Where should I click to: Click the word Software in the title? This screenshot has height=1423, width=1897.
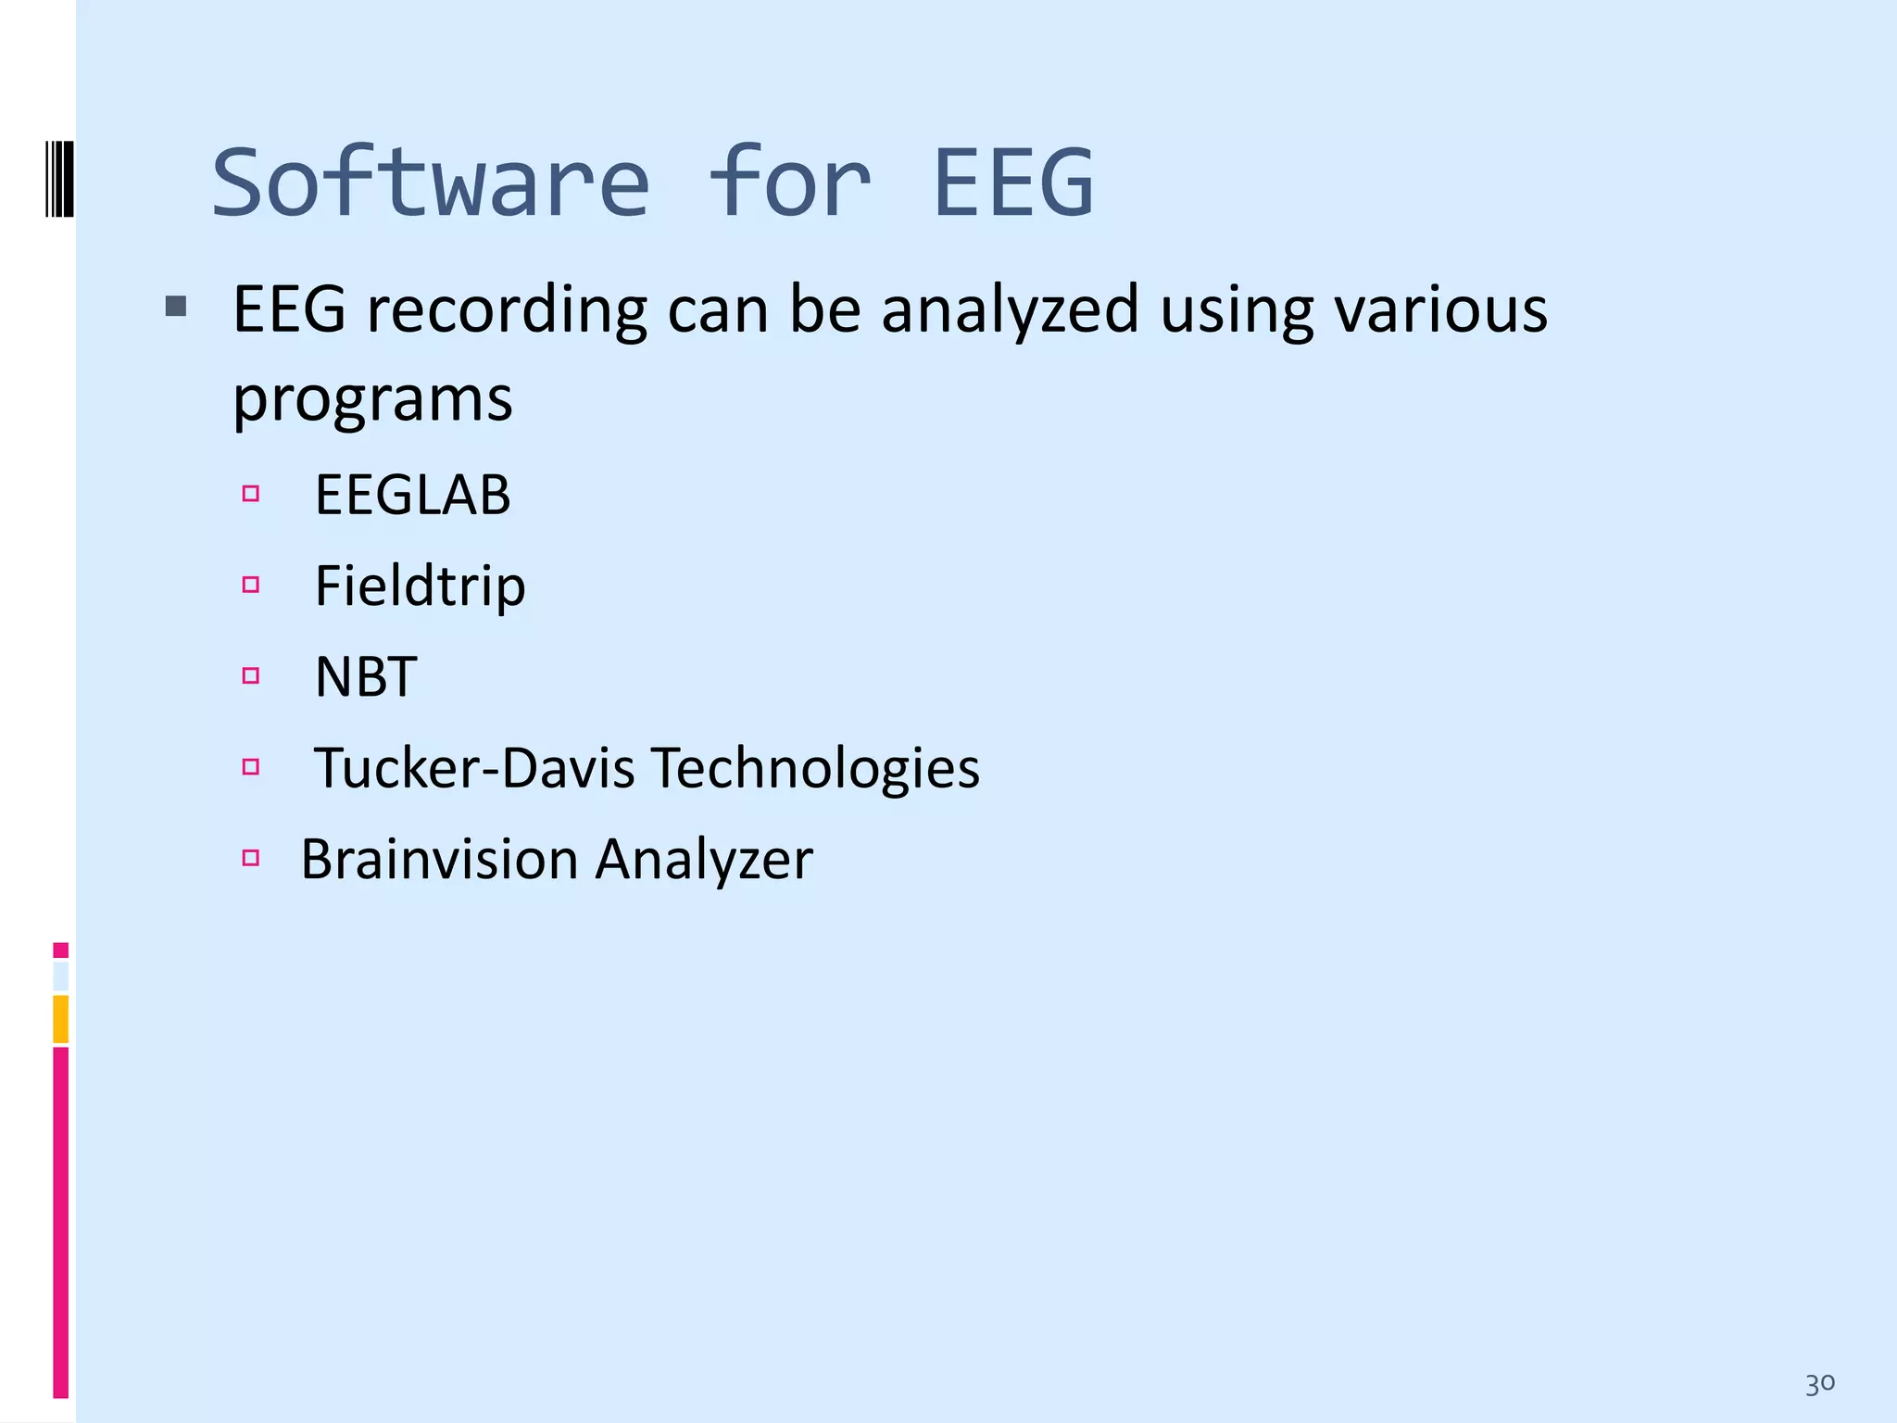point(431,183)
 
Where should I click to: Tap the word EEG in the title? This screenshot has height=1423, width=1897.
point(1013,183)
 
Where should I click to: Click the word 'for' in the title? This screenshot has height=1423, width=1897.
point(790,183)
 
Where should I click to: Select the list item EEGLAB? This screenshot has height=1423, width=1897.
point(412,495)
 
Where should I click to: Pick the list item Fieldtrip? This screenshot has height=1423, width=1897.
point(420,586)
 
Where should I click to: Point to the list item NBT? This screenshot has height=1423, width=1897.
point(366,676)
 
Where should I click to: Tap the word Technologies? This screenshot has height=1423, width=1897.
point(815,768)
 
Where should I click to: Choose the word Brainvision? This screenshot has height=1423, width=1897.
point(439,859)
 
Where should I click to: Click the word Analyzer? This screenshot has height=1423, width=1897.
point(704,859)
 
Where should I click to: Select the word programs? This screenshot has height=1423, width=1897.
point(372,400)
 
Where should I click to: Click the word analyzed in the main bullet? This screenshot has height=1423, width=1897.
point(1010,310)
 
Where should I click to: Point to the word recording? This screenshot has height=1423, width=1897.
point(507,310)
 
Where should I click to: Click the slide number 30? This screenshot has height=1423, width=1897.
point(1819,1384)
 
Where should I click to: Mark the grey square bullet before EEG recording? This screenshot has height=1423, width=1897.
point(176,306)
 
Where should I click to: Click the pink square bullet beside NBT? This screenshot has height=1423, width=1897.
point(250,675)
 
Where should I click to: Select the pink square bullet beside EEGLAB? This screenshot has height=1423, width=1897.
point(250,494)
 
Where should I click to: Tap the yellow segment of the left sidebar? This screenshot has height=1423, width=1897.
point(60,1018)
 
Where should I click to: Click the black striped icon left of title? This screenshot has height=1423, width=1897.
point(59,178)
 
